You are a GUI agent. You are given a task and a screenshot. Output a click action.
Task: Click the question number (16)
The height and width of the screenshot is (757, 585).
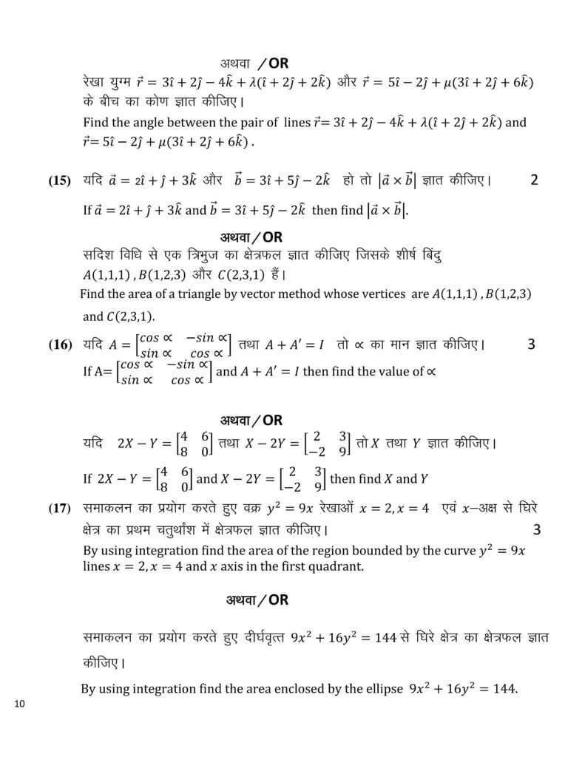point(60,344)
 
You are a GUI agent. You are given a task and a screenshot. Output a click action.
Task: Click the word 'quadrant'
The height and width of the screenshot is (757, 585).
point(337,566)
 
